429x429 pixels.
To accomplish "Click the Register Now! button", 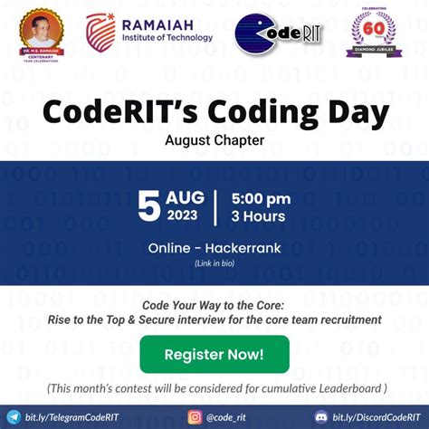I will pyautogui.click(x=214, y=355).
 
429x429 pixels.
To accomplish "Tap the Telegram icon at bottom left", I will pyautogui.click(x=13, y=417).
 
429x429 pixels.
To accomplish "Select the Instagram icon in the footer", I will pyautogui.click(x=195, y=417).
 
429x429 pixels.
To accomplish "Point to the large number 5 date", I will pyautogui.click(x=148, y=206).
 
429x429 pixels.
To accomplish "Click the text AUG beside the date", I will pyautogui.click(x=186, y=197).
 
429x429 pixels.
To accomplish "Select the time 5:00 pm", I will pyautogui.click(x=261, y=198).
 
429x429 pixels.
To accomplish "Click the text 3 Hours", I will pyautogui.click(x=258, y=216).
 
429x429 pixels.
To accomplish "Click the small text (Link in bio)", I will pyautogui.click(x=214, y=263).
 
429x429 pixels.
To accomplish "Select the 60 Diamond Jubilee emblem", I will pyautogui.click(x=373, y=34).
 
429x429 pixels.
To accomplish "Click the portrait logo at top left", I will pyautogui.click(x=43, y=33).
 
